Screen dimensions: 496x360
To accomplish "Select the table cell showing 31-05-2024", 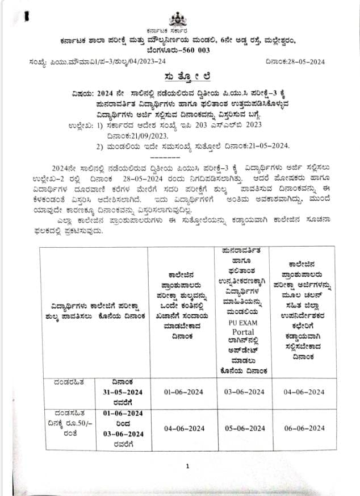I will pyautogui.click(x=127, y=392).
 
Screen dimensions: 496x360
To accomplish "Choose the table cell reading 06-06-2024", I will pyautogui.click(x=305, y=427).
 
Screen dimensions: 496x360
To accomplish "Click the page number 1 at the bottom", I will pyautogui.click(x=187, y=466).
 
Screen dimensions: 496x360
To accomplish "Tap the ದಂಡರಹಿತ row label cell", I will pyautogui.click(x=68, y=382).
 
